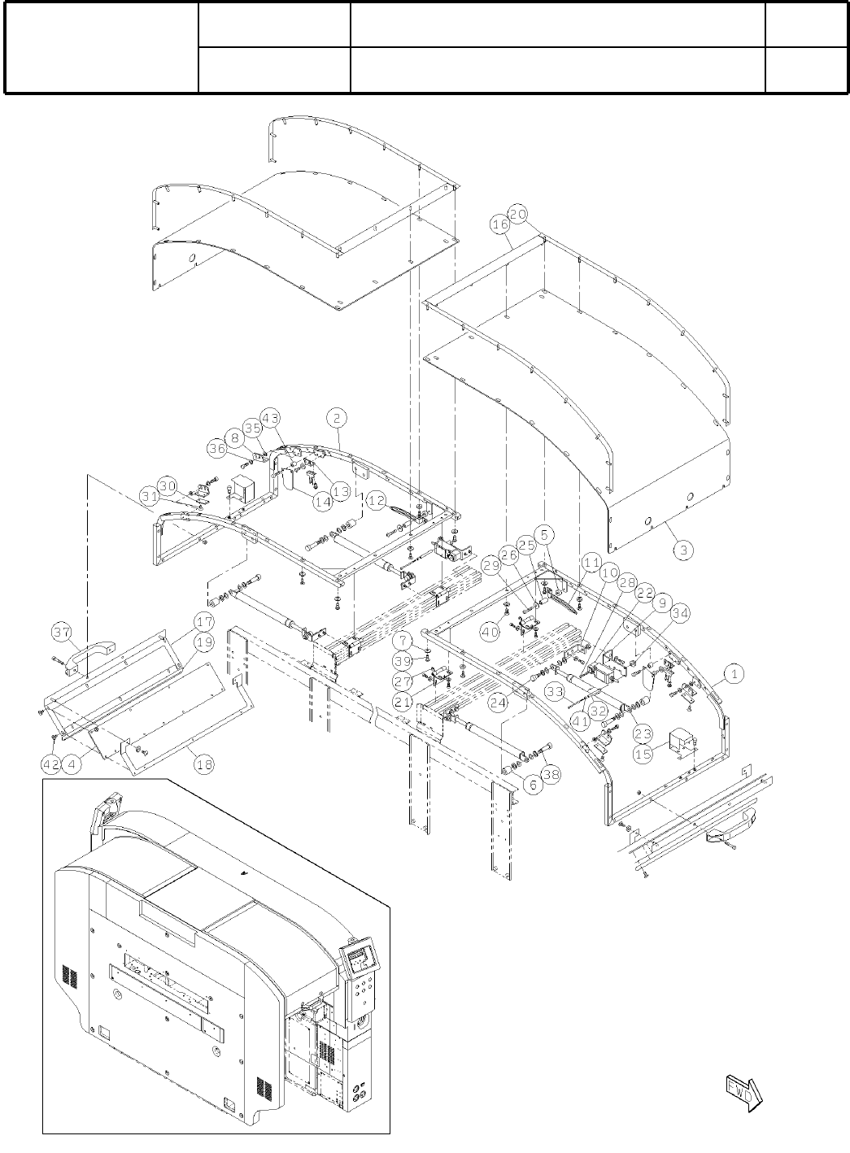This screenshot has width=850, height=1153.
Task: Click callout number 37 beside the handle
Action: coord(62,633)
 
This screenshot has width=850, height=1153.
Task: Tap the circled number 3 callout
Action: coord(684,550)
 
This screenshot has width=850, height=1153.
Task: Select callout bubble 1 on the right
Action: coord(733,673)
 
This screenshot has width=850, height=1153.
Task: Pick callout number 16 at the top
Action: coord(499,224)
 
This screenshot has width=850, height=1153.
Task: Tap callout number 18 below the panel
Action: coord(203,765)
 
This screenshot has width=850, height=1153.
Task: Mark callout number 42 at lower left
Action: coord(51,764)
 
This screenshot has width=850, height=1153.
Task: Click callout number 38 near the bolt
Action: coord(551,775)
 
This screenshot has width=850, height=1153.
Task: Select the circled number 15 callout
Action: coord(643,755)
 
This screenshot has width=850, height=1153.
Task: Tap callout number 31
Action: coord(147,495)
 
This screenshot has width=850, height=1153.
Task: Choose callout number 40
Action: coord(489,632)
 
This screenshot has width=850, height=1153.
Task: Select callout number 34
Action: coord(679,614)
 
